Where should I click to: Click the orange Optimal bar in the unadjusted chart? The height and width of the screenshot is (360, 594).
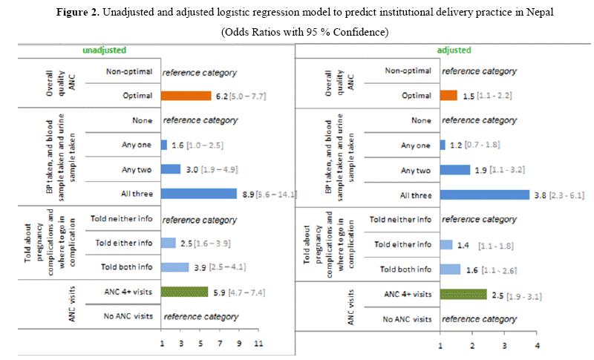[x=187, y=96]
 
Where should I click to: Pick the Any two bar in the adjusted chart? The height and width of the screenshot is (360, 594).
[x=455, y=169]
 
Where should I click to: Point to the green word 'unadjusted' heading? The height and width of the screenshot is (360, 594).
[x=105, y=50]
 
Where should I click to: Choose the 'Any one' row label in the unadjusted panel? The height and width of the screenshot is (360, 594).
[x=137, y=145]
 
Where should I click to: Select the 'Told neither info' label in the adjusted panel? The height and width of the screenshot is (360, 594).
[x=400, y=220]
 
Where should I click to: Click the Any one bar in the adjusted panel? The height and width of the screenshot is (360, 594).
[x=443, y=145]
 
